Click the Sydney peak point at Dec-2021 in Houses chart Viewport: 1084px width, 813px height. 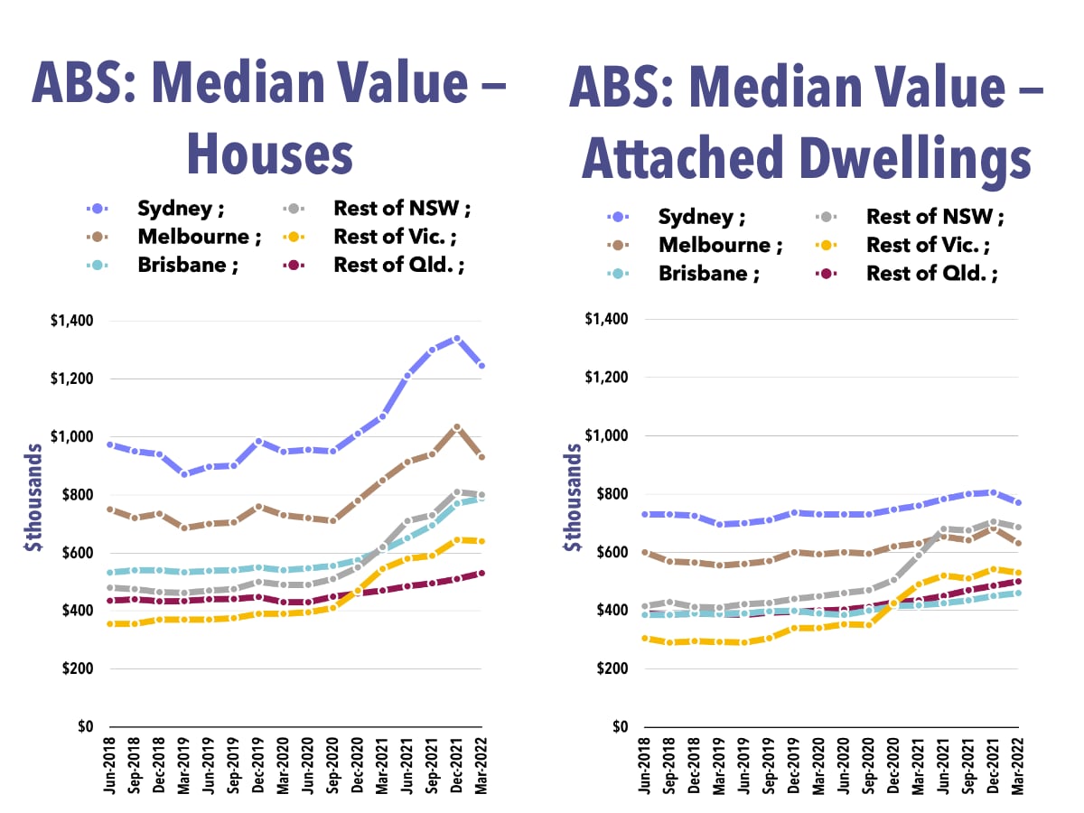457,339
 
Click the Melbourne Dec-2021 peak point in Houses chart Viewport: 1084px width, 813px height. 457,427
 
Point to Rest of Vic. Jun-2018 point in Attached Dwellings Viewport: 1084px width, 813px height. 645,639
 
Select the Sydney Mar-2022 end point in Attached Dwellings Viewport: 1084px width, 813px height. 1018,502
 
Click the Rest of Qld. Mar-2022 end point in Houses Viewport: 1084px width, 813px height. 481,573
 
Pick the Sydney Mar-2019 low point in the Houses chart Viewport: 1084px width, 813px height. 185,473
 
